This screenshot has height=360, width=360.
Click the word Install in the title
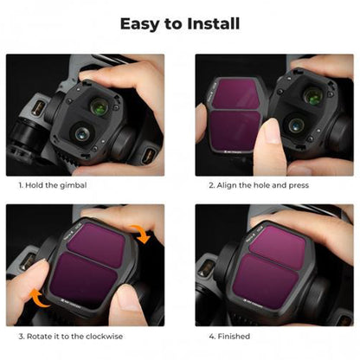(213, 23)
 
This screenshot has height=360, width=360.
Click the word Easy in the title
(139, 24)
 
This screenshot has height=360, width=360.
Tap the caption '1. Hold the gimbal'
(53, 185)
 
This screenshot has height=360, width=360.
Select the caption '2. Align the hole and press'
(259, 185)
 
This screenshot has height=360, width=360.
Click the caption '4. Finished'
(229, 337)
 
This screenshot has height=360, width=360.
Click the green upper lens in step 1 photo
(100, 106)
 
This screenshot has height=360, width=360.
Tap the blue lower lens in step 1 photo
(82, 133)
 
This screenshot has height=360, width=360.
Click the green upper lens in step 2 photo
(313, 95)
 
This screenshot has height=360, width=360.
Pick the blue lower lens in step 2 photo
(297, 125)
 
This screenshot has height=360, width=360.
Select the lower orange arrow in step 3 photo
(39, 298)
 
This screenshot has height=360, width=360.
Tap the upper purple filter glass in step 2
(236, 93)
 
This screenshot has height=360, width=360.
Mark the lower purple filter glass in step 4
(265, 281)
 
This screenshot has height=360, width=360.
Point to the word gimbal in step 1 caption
(74, 185)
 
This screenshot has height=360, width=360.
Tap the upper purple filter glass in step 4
(278, 247)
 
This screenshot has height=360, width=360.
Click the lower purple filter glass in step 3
(84, 280)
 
